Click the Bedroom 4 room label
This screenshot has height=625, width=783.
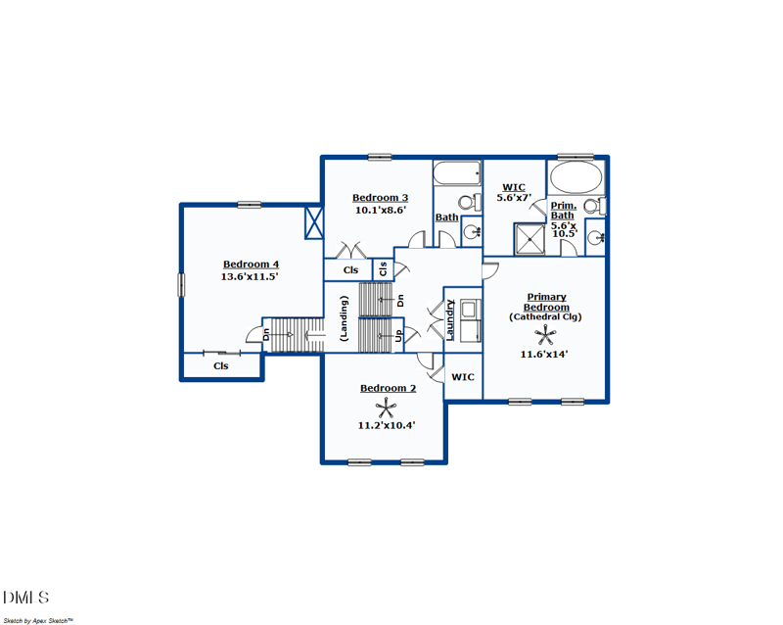point(252,264)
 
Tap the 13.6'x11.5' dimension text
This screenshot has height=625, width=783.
point(252,277)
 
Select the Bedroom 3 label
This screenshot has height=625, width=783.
point(380,197)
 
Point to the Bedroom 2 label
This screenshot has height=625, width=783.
point(388,388)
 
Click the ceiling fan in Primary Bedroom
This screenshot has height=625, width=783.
point(545,334)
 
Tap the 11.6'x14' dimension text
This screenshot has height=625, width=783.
point(545,354)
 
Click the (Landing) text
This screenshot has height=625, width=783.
point(344,317)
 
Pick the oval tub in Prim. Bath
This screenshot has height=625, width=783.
point(576,180)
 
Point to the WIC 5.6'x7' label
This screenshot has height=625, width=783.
point(514,192)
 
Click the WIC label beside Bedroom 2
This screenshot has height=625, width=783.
point(463,376)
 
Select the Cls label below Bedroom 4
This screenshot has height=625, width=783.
point(221,366)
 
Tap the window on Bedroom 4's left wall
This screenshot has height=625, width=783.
point(180,284)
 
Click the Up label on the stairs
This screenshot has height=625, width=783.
point(399,336)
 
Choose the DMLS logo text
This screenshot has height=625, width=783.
point(25,597)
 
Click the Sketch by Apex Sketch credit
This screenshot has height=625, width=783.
point(38,619)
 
